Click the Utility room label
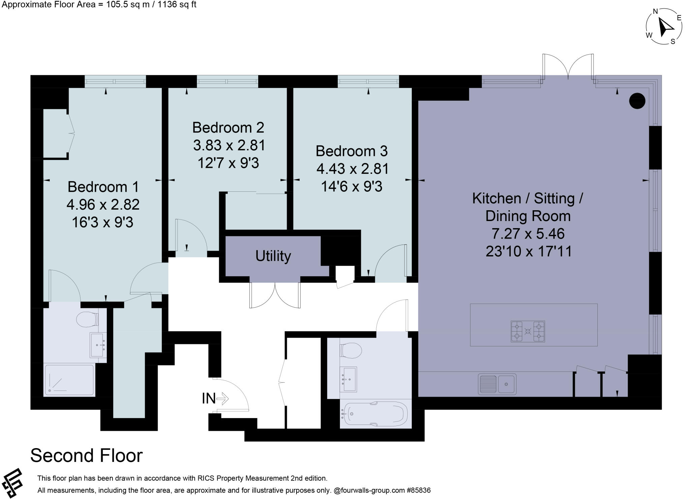(273, 256)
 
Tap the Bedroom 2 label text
(228, 128)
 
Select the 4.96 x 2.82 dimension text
(103, 205)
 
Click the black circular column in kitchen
(637, 100)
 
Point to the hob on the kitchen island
(528, 331)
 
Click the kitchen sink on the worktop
(497, 384)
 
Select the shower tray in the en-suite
(69, 380)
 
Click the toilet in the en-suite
(87, 319)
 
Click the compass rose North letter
(655, 11)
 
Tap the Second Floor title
(87, 456)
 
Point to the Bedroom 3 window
(368, 82)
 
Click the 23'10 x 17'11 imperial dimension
(529, 251)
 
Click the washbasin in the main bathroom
(349, 379)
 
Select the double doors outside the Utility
(275, 295)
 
